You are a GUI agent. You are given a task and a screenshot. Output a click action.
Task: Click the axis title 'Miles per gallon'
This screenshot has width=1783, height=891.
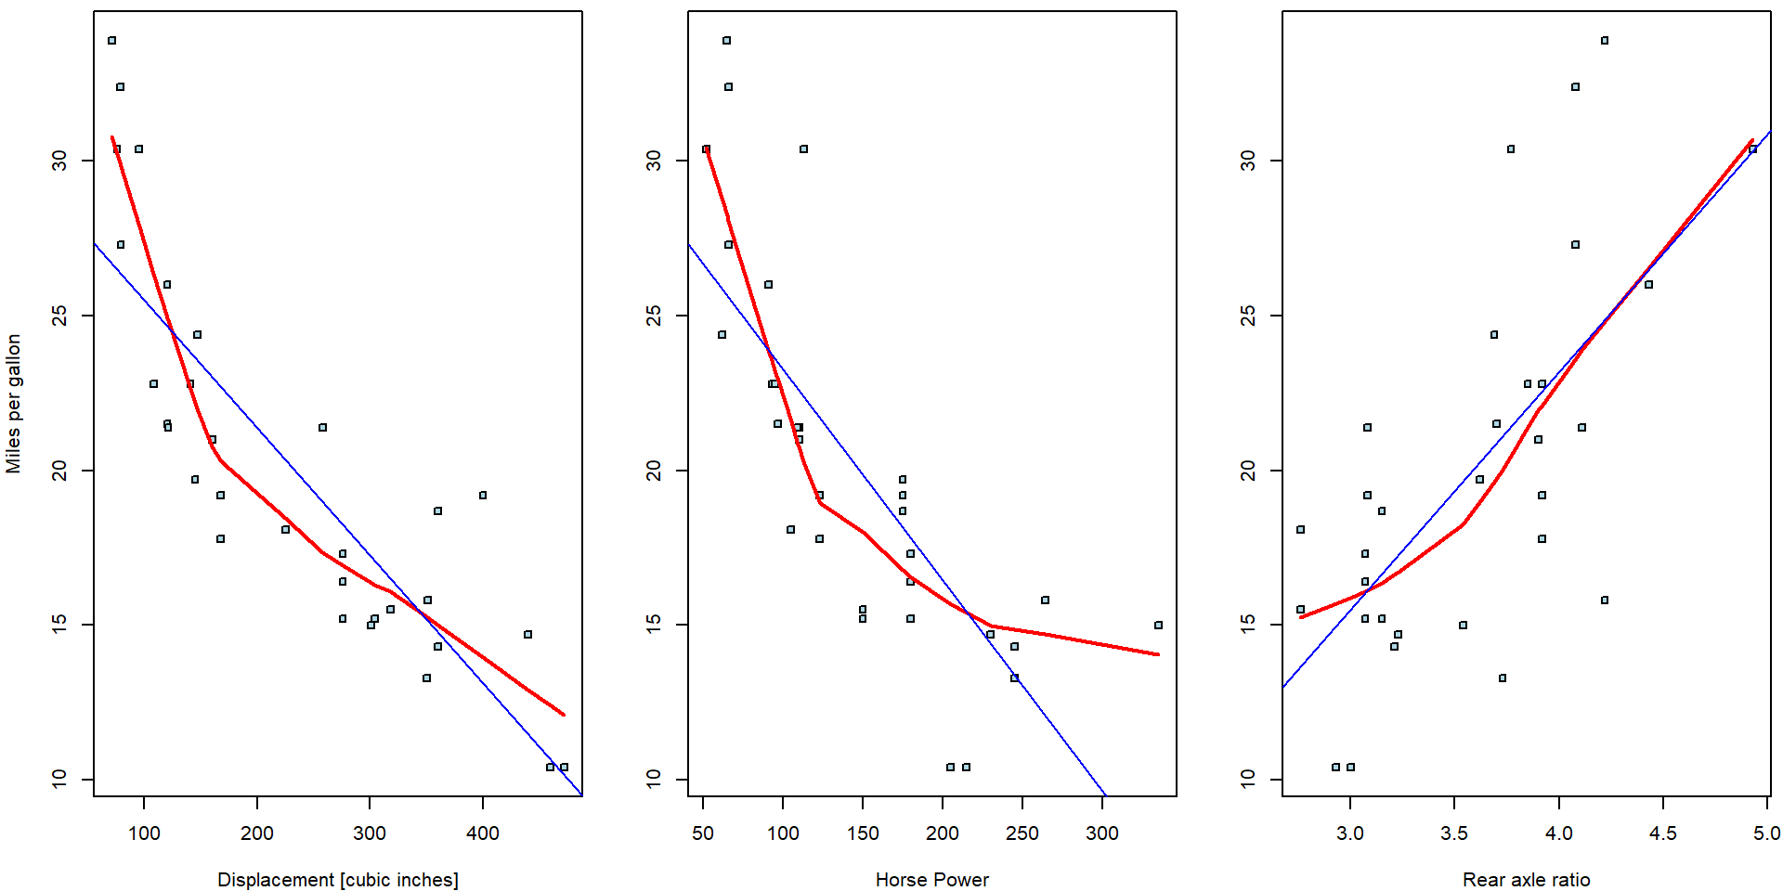point(13,404)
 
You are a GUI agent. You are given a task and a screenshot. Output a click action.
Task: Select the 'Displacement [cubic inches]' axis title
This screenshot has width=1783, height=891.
point(337,879)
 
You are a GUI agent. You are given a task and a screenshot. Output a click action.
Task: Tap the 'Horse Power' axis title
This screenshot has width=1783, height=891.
point(931,879)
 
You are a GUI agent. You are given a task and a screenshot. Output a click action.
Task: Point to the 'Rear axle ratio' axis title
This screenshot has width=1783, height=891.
point(1526,879)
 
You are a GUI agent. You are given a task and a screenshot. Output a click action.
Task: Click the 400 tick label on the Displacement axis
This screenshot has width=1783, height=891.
point(482,833)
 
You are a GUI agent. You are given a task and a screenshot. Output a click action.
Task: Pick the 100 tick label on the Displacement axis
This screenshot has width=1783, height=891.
point(144,833)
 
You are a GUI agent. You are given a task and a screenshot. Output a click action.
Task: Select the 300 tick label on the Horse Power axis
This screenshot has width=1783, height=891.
point(1102,833)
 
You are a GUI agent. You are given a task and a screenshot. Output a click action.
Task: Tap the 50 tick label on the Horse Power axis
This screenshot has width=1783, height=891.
point(703,833)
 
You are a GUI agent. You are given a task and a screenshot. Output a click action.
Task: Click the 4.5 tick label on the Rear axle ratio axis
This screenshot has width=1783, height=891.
point(1662,833)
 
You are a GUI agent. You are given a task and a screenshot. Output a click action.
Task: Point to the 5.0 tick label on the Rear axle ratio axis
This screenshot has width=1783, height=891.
point(1766,833)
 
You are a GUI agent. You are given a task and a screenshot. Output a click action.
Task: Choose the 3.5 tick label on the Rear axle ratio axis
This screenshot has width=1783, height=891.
point(1454,833)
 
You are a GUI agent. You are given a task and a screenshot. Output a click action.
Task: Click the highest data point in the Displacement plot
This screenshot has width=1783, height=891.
point(112,41)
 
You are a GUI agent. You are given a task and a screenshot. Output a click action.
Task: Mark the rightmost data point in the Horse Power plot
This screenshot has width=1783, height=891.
point(1158,625)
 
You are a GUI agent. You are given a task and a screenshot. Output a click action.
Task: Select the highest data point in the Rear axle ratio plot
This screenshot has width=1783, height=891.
point(1605,41)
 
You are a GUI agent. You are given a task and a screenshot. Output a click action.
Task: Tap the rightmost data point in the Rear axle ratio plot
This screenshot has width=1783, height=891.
point(1753,148)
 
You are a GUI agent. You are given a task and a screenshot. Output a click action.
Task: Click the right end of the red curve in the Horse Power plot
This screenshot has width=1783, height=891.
point(1158,654)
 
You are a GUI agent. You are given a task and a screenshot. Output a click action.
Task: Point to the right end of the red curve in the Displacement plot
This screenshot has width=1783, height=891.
point(564,715)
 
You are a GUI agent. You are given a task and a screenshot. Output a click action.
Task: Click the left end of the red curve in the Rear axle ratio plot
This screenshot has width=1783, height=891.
point(1301,617)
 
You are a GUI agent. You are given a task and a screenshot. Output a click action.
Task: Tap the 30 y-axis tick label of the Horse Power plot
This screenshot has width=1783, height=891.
point(654,161)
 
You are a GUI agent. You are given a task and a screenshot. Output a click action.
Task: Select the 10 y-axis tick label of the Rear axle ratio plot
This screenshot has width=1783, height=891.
point(1248,779)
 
